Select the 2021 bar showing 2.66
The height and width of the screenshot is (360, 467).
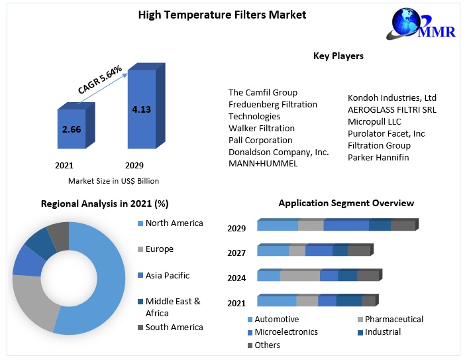click(72, 129)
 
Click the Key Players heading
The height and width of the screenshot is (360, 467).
click(338, 56)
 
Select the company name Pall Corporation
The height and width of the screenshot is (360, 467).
click(260, 140)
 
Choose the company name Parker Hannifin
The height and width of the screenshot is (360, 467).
click(378, 157)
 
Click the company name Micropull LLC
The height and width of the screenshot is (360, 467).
click(374, 121)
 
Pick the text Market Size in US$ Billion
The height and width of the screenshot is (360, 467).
click(113, 180)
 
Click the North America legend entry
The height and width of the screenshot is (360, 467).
click(174, 223)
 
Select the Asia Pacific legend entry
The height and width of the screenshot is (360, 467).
click(167, 275)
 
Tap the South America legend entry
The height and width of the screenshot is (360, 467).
click(174, 327)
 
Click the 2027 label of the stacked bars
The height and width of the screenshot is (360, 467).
click(236, 253)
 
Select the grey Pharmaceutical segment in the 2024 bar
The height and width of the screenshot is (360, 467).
click(299, 276)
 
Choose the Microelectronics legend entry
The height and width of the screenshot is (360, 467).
click(285, 331)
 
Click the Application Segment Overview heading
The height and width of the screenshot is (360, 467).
click(346, 203)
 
